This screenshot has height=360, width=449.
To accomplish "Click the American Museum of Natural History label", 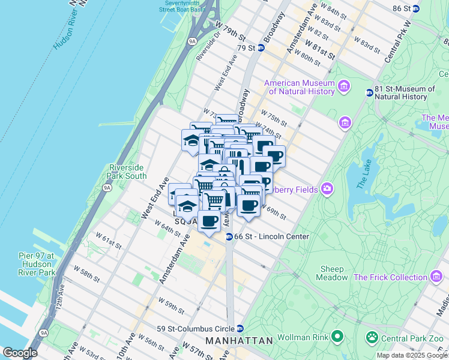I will [300, 87].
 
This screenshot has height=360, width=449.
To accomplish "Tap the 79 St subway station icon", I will [261, 47].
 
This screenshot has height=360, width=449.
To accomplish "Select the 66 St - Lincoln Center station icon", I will [229, 237].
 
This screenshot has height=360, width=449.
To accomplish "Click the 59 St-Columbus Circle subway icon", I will [240, 328].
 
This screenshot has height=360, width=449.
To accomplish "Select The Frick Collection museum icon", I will [436, 277].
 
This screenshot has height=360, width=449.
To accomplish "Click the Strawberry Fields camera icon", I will [327, 188].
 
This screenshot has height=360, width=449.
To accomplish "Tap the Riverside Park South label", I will [127, 172].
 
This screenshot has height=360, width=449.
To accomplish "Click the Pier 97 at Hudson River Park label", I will [37, 264].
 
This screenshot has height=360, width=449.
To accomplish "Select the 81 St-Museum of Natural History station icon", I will [370, 92].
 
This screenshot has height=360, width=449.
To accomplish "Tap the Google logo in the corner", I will [20, 353].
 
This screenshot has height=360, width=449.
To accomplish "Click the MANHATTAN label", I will [239, 340].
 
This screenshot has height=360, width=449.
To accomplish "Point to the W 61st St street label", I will [110, 246].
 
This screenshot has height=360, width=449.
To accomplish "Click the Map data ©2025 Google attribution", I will [412, 355].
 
